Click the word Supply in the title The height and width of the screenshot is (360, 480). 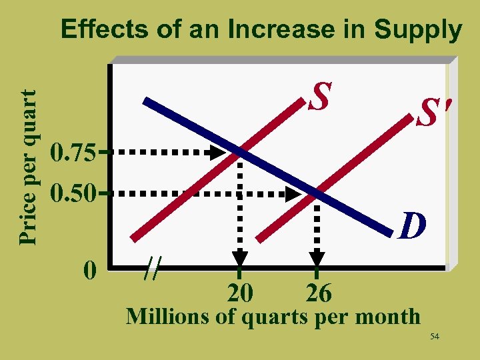418,30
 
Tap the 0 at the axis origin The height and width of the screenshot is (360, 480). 90,270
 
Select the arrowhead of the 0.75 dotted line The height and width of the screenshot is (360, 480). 215,153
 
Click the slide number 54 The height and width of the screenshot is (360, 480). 435,337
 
